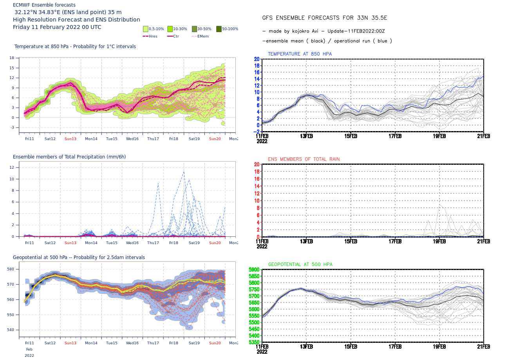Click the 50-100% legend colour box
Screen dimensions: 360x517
219,29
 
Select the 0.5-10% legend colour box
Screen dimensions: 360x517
146,29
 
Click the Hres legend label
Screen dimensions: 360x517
153,36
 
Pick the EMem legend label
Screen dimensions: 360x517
203,36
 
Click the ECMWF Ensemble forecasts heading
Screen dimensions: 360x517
44,5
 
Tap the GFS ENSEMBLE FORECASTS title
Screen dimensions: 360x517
324,18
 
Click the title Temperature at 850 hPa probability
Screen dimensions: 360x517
75,47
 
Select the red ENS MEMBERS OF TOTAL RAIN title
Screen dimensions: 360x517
304,159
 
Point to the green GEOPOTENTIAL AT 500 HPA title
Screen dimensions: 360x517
300,265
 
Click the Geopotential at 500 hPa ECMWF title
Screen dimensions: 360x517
79,257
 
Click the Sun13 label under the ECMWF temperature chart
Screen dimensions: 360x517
70,139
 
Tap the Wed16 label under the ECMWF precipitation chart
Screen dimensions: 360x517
132,243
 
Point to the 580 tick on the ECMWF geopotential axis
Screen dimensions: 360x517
11,269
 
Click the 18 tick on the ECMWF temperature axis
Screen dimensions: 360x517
12,58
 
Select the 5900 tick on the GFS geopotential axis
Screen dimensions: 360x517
254,270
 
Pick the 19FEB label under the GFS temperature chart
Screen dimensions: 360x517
439,136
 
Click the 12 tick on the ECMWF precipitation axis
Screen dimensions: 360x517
12,167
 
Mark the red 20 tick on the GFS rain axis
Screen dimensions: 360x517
257,164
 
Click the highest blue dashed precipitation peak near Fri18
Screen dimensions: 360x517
184,172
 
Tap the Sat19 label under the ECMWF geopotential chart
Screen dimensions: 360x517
194,343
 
